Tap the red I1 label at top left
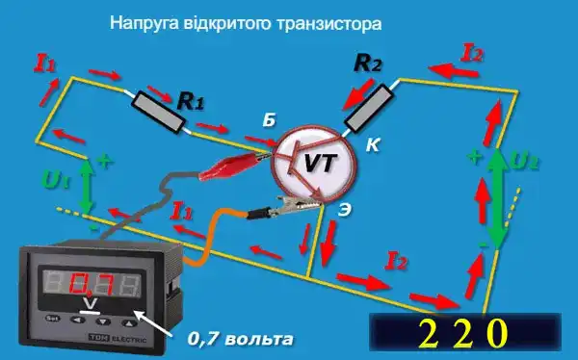(x=45, y=64)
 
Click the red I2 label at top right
(x=473, y=52)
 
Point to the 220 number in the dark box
(x=460, y=332)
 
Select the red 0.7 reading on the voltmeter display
(x=93, y=284)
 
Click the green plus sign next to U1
(x=104, y=162)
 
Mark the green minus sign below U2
(x=478, y=246)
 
